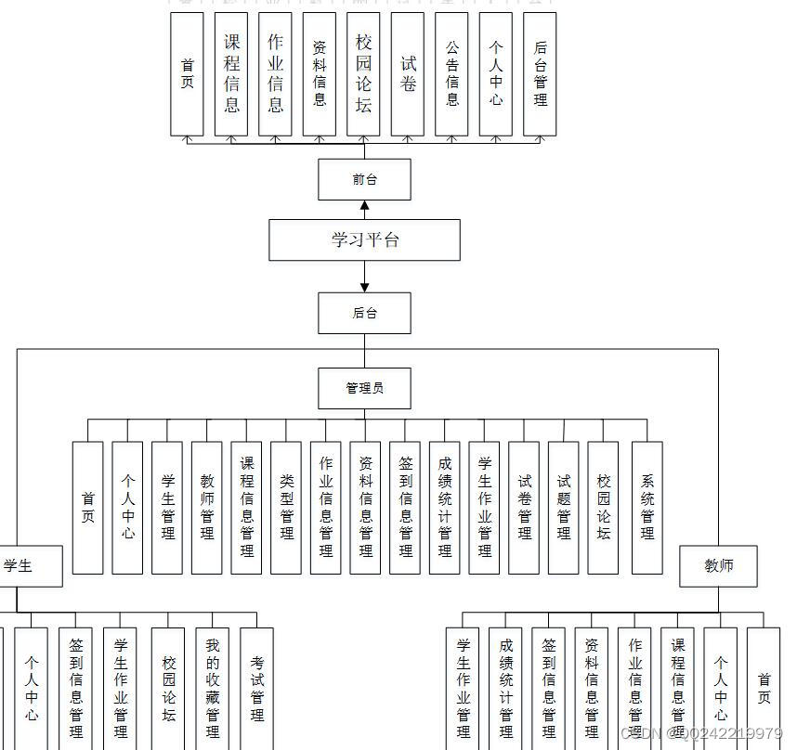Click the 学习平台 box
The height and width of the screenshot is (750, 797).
click(x=364, y=239)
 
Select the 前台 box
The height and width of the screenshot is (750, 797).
click(x=364, y=179)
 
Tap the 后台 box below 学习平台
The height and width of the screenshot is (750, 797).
click(x=364, y=313)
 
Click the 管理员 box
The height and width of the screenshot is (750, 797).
click(x=364, y=388)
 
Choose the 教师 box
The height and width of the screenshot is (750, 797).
click(x=718, y=566)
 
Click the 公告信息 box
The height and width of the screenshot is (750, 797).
click(x=452, y=74)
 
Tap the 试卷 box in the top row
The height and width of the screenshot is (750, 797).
click(x=408, y=74)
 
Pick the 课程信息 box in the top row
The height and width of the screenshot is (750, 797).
click(x=231, y=74)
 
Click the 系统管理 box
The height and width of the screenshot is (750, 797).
click(x=647, y=507)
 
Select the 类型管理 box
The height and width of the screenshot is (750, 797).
click(x=286, y=507)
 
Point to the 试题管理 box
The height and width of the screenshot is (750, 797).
click(x=564, y=507)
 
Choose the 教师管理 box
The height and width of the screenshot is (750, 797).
click(x=207, y=507)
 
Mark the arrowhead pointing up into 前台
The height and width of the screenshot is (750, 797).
click(x=364, y=206)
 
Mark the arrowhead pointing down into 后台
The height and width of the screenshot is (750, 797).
click(x=364, y=286)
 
